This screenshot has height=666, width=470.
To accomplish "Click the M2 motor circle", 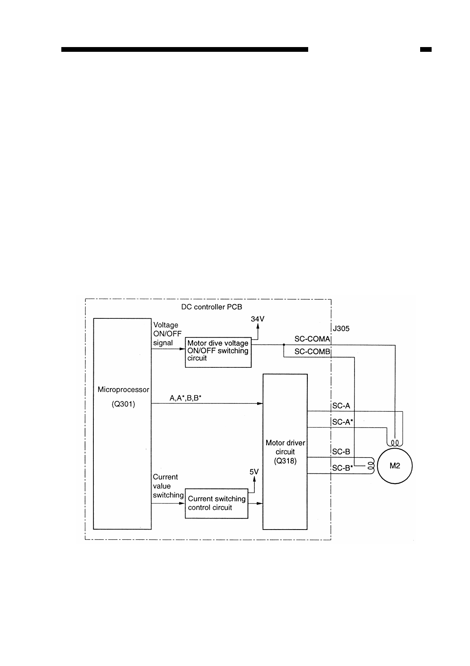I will click(395, 466).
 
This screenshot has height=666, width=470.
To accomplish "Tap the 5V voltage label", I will click(254, 471).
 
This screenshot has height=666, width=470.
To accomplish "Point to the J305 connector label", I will click(341, 329).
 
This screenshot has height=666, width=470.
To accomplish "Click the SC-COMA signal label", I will click(312, 339).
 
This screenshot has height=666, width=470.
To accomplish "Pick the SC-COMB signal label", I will click(312, 352).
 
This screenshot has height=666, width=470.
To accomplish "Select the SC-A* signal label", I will click(343, 422).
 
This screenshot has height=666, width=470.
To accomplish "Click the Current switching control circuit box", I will click(216, 503).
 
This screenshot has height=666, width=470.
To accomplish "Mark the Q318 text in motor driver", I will click(285, 461).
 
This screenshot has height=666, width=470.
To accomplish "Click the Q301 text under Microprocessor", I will click(123, 405).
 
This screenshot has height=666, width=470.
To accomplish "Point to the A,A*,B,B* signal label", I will click(186, 398).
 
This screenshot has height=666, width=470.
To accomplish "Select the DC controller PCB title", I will click(211, 307).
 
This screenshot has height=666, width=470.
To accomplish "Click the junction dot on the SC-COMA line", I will click(284, 345).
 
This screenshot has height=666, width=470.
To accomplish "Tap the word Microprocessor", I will click(123, 390).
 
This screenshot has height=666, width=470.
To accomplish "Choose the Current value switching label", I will click(168, 486).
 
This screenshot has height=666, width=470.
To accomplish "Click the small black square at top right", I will click(426, 50).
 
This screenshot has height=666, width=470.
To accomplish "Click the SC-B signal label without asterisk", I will click(341, 452).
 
